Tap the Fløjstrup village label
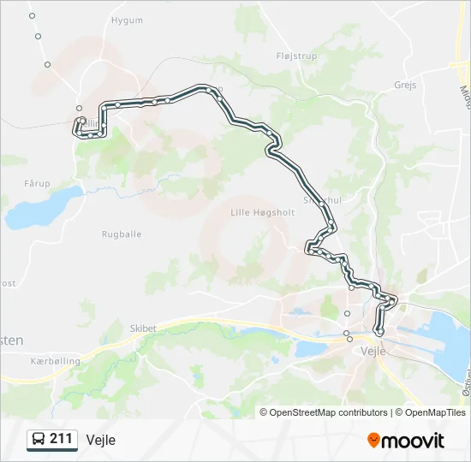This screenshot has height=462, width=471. [x=296, y=56]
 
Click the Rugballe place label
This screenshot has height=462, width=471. [x=122, y=234]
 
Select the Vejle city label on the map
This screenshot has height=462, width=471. [x=373, y=351]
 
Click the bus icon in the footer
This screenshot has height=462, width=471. [x=39, y=440]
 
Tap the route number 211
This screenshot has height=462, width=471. [x=61, y=439]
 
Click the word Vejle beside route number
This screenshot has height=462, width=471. [x=100, y=440]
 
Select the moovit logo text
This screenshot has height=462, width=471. [x=413, y=441]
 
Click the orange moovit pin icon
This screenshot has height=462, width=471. [x=373, y=441]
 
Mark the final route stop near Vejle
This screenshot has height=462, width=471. [x=380, y=332]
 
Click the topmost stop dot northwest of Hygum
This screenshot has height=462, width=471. [x=32, y=15]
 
